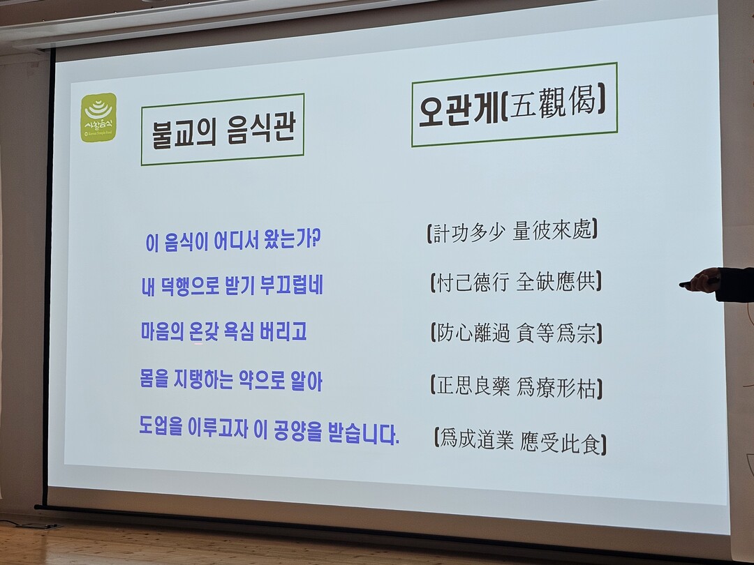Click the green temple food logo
point(98,118)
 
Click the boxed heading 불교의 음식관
point(223,130)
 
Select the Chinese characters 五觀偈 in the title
point(552,103)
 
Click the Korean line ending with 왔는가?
point(232,239)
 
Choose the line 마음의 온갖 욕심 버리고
point(223,331)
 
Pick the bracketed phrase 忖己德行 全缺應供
point(515,282)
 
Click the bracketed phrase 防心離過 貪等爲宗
point(517,333)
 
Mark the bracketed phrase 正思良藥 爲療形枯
point(517,386)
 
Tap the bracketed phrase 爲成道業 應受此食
point(520,441)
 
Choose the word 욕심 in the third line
point(239,331)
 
